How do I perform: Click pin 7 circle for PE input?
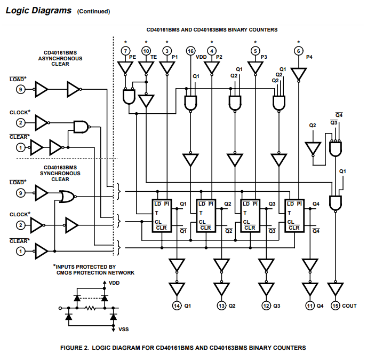click(x=125, y=51)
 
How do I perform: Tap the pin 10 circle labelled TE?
click(x=146, y=51)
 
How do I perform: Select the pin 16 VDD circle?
click(x=190, y=51)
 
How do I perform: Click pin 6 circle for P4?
click(x=298, y=51)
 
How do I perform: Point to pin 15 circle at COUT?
click(x=336, y=306)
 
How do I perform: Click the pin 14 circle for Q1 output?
click(x=177, y=306)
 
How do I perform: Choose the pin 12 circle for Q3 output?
click(x=266, y=306)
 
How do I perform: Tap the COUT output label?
click(x=349, y=306)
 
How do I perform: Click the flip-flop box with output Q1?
click(x=162, y=216)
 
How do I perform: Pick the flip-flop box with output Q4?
click(x=294, y=216)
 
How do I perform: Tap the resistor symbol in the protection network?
click(x=90, y=308)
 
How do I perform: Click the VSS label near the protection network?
click(x=124, y=330)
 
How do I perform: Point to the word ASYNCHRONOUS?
click(x=60, y=58)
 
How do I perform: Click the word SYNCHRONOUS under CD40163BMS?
click(x=60, y=174)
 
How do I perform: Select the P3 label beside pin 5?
click(x=264, y=57)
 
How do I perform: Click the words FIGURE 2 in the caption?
click(x=75, y=348)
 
